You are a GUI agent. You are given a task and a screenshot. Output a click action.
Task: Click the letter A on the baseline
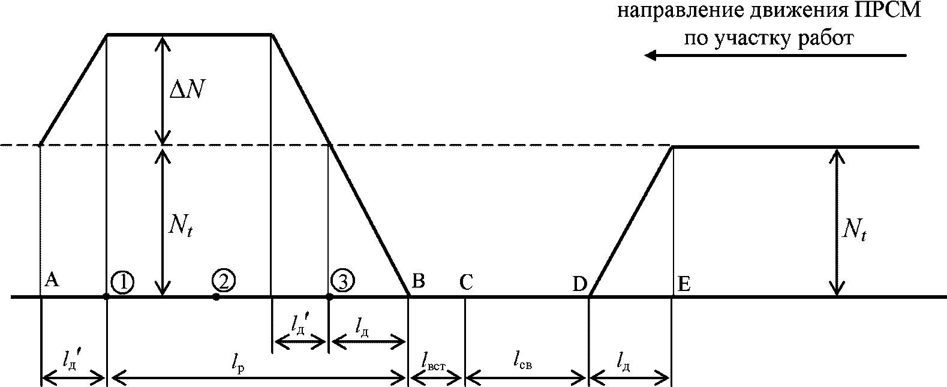click(52, 280)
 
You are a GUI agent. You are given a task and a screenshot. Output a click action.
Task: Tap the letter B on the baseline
click(419, 280)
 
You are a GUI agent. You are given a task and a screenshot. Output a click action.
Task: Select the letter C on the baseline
click(467, 281)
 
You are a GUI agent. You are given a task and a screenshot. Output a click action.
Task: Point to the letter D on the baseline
click(580, 284)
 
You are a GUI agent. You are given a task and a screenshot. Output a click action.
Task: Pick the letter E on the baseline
click(684, 284)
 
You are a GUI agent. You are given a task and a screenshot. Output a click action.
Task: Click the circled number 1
click(123, 282)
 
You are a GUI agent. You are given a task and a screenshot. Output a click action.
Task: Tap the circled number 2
click(224, 280)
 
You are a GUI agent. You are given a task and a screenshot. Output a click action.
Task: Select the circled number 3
click(343, 280)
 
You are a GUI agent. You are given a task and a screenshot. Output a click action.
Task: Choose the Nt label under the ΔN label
click(181, 227)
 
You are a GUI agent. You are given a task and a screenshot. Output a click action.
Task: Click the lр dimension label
click(238, 363)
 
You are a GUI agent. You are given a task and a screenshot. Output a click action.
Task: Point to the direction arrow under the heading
click(775, 55)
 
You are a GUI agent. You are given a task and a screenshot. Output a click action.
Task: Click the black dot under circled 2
click(216, 297)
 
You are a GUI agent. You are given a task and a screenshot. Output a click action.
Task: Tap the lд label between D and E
click(623, 362)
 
